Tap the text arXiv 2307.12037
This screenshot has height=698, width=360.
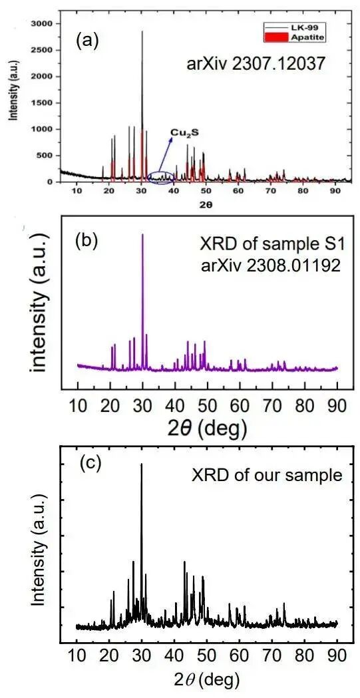[x=256, y=67]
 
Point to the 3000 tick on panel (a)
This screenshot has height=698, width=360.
[x=44, y=23]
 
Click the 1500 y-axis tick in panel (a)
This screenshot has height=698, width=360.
[x=44, y=103]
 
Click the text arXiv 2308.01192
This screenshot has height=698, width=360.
[x=264, y=263]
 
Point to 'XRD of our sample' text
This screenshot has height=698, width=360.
[x=267, y=475]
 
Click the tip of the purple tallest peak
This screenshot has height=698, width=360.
[x=142, y=235]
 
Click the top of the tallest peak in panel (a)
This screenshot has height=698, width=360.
[x=142, y=31]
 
